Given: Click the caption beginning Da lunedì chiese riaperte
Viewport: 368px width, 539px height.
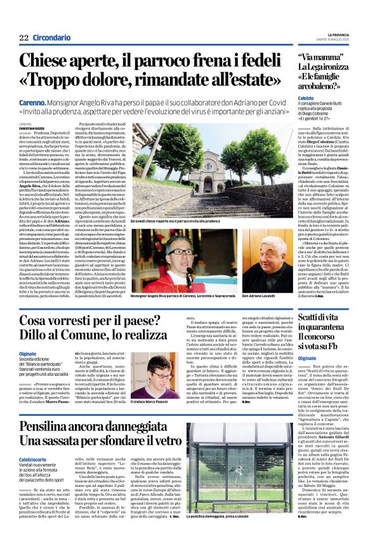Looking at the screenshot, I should point(180,222).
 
